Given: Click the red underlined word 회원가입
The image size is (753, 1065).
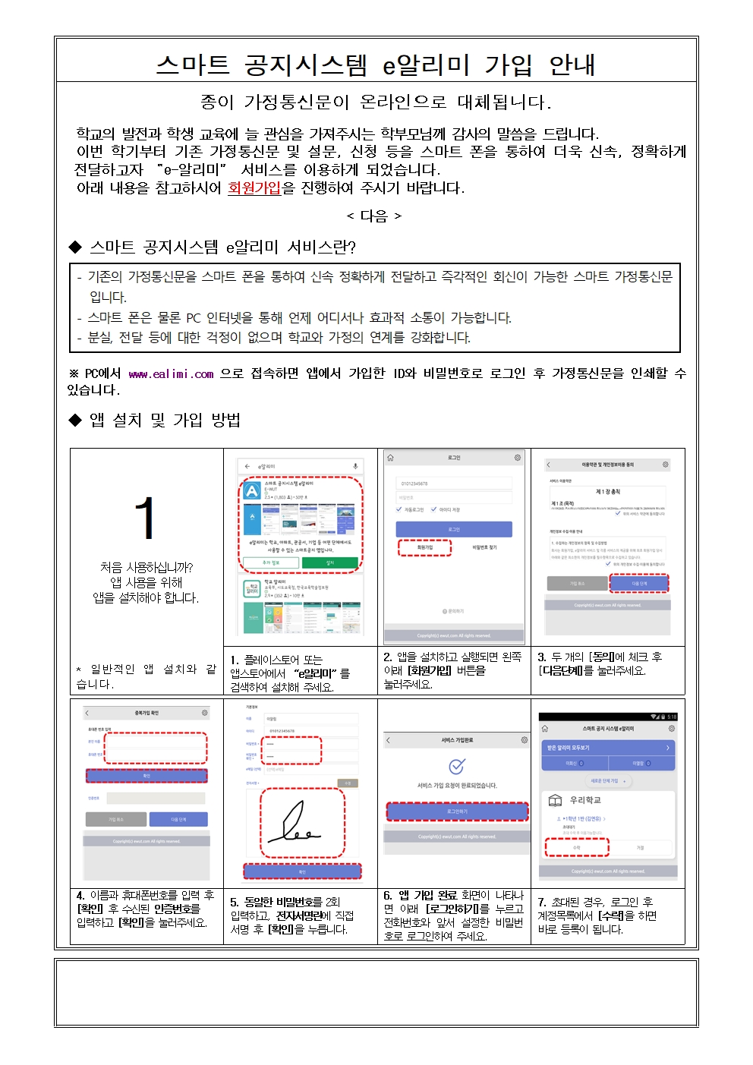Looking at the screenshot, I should pyautogui.click(x=254, y=187).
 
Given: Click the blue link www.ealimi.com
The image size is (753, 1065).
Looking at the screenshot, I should pyautogui.click(x=171, y=373).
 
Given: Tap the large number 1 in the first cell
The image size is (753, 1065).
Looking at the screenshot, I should pyautogui.click(x=145, y=518).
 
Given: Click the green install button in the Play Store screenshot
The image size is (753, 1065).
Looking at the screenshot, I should pyautogui.click(x=330, y=562).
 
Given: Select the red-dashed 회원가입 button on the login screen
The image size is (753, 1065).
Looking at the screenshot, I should pyautogui.click(x=424, y=547).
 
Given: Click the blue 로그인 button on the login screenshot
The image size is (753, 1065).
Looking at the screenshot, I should pyautogui.click(x=454, y=529).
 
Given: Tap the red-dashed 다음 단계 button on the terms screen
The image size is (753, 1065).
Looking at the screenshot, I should pyautogui.click(x=639, y=583).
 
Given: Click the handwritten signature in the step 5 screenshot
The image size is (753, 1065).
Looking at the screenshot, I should pyautogui.click(x=301, y=825).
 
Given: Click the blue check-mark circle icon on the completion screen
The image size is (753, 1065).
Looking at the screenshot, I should pyautogui.click(x=457, y=766).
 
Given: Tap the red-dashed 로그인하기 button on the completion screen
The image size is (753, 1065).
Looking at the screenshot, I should pyautogui.click(x=457, y=811).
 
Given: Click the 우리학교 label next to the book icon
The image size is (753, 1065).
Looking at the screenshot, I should pyautogui.click(x=585, y=800).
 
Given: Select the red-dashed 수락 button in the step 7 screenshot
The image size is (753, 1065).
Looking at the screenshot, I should pyautogui.click(x=577, y=847).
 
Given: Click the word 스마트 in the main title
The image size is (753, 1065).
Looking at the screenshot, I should pyautogui.click(x=193, y=65).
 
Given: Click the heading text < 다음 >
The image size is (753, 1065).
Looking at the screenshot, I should pyautogui.click(x=374, y=216).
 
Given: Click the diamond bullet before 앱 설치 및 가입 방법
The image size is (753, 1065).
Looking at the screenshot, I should pyautogui.click(x=75, y=420).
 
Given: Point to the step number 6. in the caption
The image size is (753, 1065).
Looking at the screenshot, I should pyautogui.click(x=388, y=896).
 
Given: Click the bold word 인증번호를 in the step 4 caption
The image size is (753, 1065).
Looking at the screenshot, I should pyautogui.click(x=177, y=909).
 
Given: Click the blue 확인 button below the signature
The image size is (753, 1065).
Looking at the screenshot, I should pyautogui.click(x=302, y=871).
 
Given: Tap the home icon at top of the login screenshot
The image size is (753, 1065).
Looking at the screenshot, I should pyautogui.click(x=390, y=458).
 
